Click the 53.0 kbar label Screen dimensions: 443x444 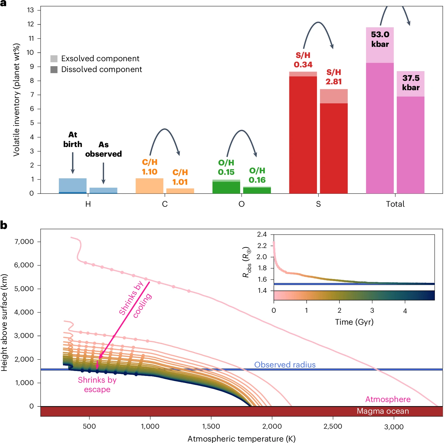click(380, 39)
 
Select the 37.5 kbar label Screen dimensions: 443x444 click(411, 83)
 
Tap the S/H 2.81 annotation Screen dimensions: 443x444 click(334, 77)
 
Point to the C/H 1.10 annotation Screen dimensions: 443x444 click(150, 167)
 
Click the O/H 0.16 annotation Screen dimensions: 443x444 click(257, 175)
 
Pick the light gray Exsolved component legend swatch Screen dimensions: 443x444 click(54, 59)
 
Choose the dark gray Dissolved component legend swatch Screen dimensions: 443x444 click(54, 69)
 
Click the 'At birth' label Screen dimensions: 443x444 click(73, 139)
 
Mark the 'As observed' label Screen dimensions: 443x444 click(103, 149)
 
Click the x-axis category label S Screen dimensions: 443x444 click(318, 204)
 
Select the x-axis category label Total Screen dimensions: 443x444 click(395, 204)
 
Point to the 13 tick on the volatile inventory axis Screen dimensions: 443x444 click(30, 10)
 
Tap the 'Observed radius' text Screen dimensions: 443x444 click(285, 365)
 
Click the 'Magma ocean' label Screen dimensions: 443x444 click(382, 411)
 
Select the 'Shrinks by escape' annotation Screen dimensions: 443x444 click(97, 384)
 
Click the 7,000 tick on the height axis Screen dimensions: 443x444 click(24, 242)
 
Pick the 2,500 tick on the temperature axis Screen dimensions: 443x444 click(333, 426)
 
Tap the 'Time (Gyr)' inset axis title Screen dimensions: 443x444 click(354, 322)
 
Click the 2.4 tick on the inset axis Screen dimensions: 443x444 click(262, 234)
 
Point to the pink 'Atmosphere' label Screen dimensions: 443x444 click(388, 399)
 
